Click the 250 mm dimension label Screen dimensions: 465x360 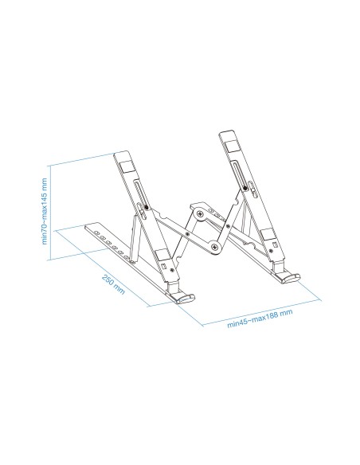114,284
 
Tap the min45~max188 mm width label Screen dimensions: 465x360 260,318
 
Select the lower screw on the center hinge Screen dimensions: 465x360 215,251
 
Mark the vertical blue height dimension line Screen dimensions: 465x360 53,211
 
